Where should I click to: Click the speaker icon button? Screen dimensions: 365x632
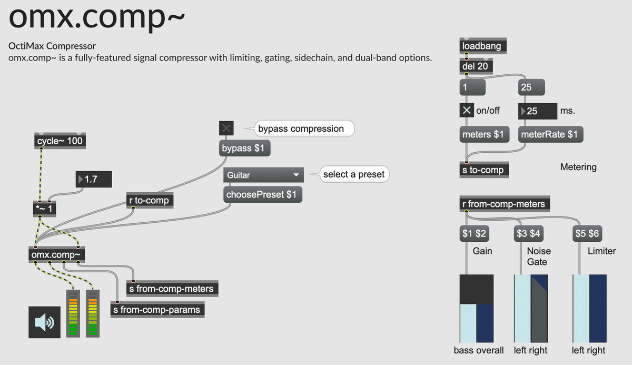(44, 322)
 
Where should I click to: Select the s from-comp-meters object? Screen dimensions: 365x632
(171, 289)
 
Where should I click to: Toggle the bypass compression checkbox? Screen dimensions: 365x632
(226, 128)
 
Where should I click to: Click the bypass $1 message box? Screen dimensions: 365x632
(243, 149)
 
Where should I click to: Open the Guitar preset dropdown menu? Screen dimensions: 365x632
(263, 175)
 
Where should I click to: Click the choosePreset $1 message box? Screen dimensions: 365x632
(261, 194)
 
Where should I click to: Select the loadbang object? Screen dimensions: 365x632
(482, 46)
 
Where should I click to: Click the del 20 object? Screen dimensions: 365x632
(476, 66)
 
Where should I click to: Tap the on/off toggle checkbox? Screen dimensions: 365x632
(467, 111)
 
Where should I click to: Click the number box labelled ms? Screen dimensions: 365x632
(538, 111)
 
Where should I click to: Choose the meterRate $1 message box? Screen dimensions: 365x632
(549, 134)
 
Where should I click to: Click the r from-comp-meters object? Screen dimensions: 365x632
(503, 204)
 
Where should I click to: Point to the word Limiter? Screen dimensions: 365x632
(601, 251)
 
